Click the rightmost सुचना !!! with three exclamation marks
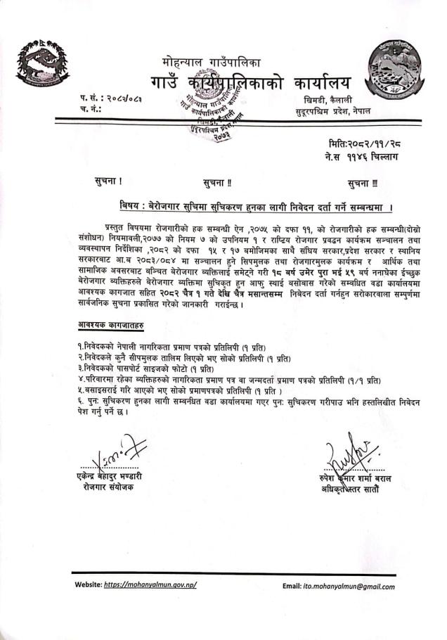pyautogui.click(x=362, y=184)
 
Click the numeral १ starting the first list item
pyautogui.click(x=79, y=347)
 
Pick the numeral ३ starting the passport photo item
pyautogui.click(x=79, y=369)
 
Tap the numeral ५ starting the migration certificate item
pyautogui.click(x=79, y=391)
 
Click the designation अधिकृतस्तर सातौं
pyautogui.click(x=356, y=487)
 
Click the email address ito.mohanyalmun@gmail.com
pyautogui.click(x=358, y=586)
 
